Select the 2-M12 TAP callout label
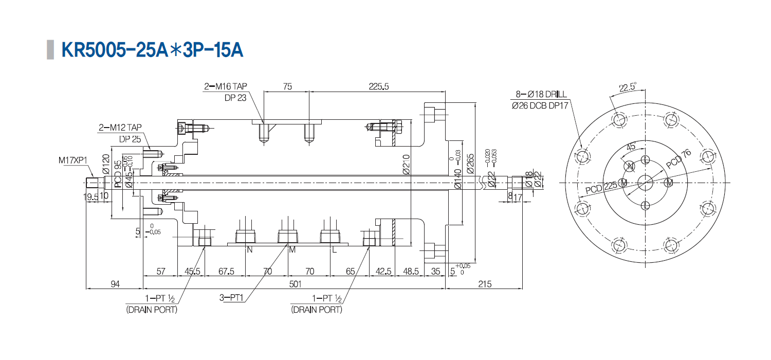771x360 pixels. pos(120,127)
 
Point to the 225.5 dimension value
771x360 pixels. pos(379,86)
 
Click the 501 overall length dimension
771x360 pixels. pos(294,283)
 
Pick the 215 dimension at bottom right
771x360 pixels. pos(485,283)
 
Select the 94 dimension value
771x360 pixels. pos(114,283)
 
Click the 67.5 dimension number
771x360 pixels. pos(226,271)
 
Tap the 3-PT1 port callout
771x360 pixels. pos(231,298)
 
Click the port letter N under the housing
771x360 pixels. pos(250,250)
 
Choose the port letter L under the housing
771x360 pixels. pos(334,250)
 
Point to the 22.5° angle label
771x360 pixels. pos(628,87)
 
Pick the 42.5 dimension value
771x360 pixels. pos(384,271)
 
